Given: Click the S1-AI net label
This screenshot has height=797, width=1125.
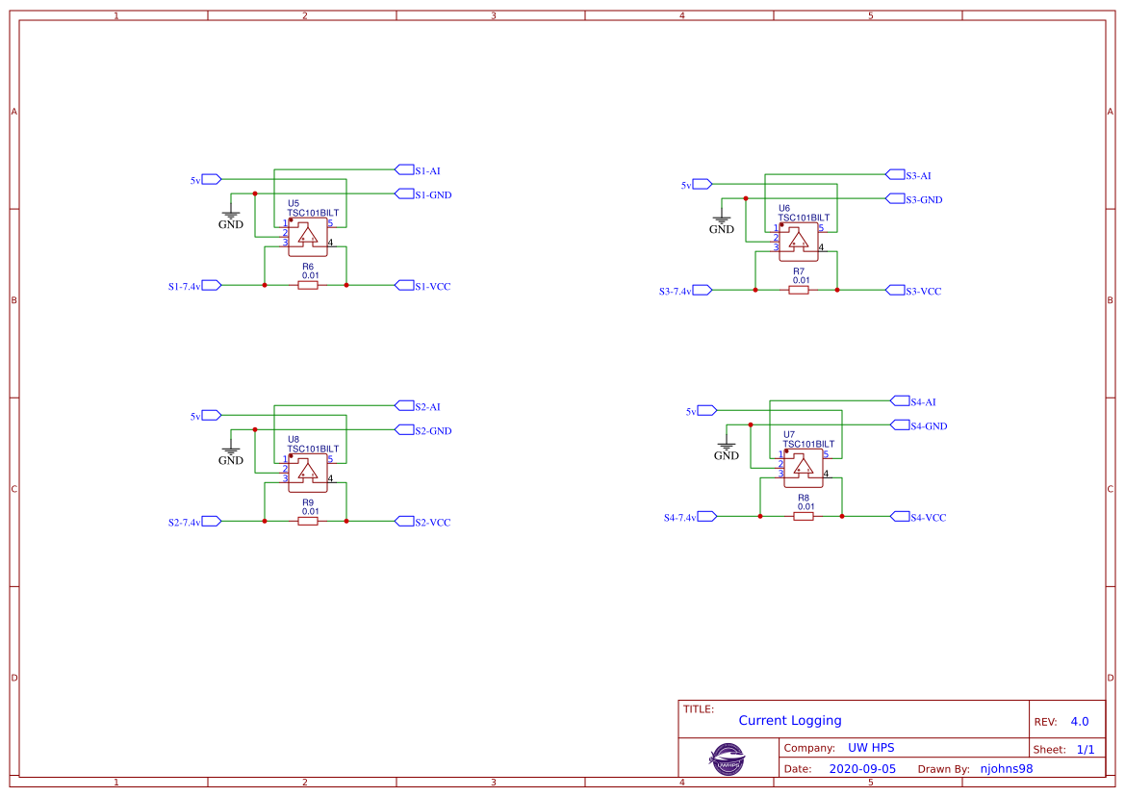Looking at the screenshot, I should (426, 170).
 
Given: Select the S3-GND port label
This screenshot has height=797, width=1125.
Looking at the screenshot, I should (923, 199).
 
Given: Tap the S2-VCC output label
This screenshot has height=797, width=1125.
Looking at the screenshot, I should (431, 522).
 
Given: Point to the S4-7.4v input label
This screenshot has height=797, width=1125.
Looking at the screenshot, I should (680, 517).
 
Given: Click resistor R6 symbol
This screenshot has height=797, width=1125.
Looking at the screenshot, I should (308, 285).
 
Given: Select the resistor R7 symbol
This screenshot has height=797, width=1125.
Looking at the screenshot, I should (799, 290).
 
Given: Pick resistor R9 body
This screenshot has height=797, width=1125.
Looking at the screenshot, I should (308, 521).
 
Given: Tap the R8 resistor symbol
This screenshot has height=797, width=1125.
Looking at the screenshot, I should (804, 516).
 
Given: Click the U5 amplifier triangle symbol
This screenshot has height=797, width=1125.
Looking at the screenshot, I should (308, 234).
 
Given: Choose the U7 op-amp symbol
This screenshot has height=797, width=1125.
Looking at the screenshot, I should (804, 467).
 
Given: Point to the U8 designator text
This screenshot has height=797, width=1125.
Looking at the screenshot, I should (294, 439).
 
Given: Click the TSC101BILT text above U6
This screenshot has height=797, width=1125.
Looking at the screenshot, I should (804, 218).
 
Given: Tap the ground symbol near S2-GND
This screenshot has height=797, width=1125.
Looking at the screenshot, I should (231, 450).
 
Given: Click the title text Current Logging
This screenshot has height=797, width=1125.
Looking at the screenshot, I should (790, 720).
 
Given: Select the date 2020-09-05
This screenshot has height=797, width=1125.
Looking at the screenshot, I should (862, 769).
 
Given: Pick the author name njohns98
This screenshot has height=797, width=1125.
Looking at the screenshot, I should (1006, 769).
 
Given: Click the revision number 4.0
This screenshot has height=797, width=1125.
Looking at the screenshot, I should (1080, 721).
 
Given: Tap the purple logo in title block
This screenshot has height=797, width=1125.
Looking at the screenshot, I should (728, 758).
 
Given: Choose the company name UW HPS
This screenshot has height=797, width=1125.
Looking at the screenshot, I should (870, 748).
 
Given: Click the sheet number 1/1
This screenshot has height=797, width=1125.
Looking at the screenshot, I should (1085, 749).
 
